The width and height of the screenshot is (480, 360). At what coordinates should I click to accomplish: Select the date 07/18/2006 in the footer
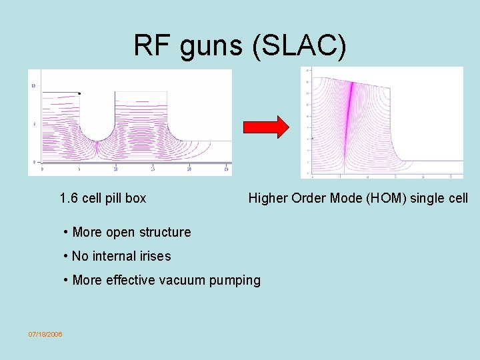point(45,334)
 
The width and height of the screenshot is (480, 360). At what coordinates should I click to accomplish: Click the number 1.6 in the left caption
point(68,198)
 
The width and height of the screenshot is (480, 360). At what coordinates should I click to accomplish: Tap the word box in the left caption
point(136,198)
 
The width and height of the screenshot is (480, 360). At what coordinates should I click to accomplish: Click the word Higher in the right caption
point(267,198)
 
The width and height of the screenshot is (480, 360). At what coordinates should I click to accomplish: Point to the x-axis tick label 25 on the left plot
point(153,169)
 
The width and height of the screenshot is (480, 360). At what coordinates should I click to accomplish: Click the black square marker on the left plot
point(79,93)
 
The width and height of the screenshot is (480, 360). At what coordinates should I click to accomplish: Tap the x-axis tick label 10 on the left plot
point(115,169)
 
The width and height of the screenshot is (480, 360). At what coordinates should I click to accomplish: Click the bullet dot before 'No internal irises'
point(66,256)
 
